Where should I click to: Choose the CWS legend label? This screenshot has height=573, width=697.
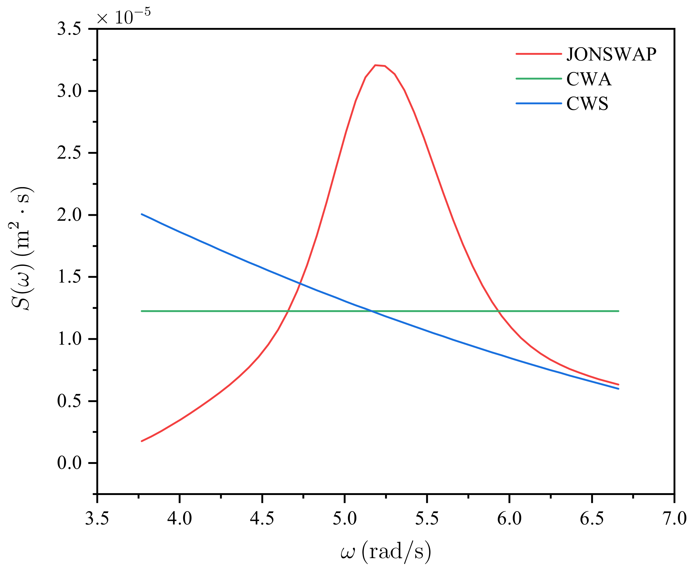tap(587, 104)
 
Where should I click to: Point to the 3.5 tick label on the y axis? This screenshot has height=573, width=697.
tap(69, 29)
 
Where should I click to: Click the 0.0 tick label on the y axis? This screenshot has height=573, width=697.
tap(69, 463)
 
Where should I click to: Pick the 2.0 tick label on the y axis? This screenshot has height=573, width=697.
tap(69, 215)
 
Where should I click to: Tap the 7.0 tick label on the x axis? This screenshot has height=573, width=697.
tap(674, 518)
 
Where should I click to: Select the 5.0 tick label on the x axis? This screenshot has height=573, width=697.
tap(345, 518)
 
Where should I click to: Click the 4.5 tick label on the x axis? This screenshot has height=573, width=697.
tap(262, 518)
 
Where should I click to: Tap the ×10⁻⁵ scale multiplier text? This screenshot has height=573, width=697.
tap(124, 16)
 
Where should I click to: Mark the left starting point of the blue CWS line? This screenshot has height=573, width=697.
tap(142, 214)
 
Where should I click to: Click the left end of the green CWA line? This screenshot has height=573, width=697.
tap(142, 311)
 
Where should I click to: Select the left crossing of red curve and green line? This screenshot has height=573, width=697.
tap(288, 311)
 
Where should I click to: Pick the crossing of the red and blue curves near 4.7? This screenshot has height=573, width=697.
tap(300, 283)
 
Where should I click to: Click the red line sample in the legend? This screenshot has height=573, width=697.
tap(539, 54)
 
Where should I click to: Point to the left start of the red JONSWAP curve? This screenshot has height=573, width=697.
tap(142, 441)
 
